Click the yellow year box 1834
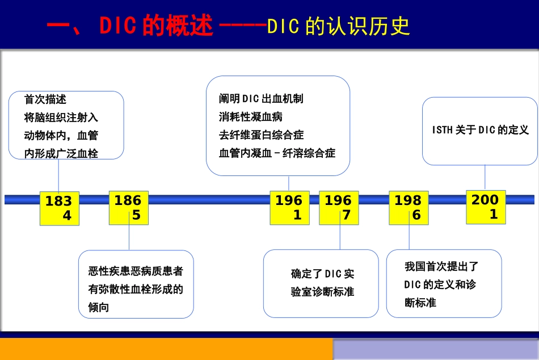pos(60,208)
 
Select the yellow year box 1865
pos(129,208)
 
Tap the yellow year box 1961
pos(289,208)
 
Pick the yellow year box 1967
pos(339,208)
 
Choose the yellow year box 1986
pos(409,208)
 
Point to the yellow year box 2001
pos(486,207)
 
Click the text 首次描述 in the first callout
pos(45,99)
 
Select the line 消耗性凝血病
pos(251,117)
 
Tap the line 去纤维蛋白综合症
pos(261,135)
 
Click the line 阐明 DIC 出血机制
pos(261,99)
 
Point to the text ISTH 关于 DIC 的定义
pos(480,130)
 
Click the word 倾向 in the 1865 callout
pos(99,307)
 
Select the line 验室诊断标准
pos(322,292)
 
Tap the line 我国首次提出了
pos(441,266)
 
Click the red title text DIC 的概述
pos(156,26)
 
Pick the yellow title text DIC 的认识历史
pos(338,26)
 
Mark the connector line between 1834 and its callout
pos(58,176)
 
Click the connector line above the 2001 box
pos(485,178)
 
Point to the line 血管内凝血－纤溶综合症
pos(277,153)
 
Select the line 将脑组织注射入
pos(61,118)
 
